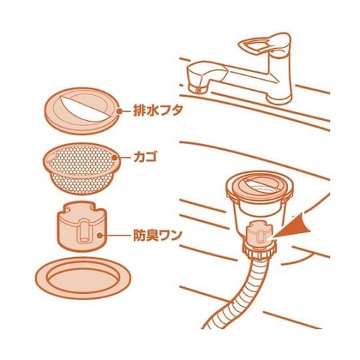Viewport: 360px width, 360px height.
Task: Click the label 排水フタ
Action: [x=158, y=111]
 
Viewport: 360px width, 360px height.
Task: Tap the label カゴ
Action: [x=145, y=158]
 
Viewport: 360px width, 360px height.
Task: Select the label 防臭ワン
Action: [x=157, y=235]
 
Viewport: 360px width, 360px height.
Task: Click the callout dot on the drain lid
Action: [x=120, y=111]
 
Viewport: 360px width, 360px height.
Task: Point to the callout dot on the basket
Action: [x=115, y=158]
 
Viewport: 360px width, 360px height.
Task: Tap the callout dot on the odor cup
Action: [x=99, y=235]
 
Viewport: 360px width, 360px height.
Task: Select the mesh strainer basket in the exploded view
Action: [x=82, y=168]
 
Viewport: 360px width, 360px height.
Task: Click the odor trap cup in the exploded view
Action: [x=81, y=225]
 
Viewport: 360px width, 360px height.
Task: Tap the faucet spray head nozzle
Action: [x=200, y=77]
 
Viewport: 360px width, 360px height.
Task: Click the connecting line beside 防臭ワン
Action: [x=117, y=235]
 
